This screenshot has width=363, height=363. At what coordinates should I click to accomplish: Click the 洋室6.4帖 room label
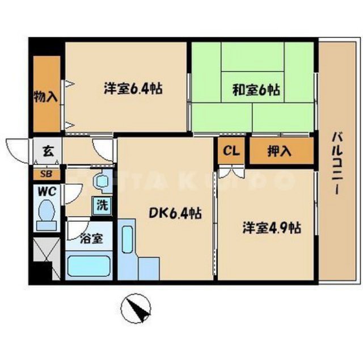(x=133, y=88)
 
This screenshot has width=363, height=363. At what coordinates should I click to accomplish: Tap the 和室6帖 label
(x=255, y=88)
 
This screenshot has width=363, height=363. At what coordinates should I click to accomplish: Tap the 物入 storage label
(x=46, y=96)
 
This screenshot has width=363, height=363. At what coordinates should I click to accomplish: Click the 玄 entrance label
(x=47, y=152)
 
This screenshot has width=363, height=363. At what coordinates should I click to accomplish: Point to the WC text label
(x=46, y=192)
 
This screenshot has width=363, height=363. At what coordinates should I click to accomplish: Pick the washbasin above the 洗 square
(x=103, y=182)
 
